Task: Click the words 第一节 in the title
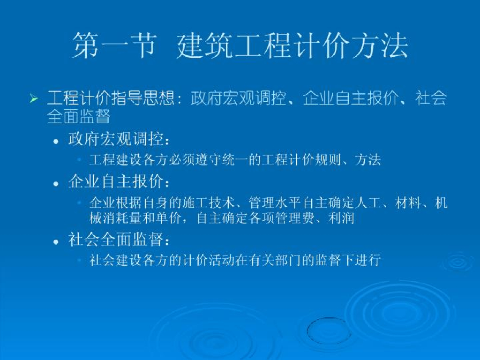pyautogui.click(x=115, y=45)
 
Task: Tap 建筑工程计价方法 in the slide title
pyautogui.click(x=292, y=45)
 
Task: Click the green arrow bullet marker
pyautogui.click(x=34, y=98)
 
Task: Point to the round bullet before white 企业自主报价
pyautogui.click(x=56, y=184)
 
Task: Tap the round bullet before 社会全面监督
pyautogui.click(x=56, y=242)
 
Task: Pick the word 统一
pyautogui.click(x=235, y=160)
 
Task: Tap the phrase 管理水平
pyautogui.click(x=275, y=203)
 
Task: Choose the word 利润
pyautogui.click(x=341, y=218)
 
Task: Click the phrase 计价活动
pyautogui.click(x=209, y=260)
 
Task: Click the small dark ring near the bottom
pyautogui.click(x=307, y=330)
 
